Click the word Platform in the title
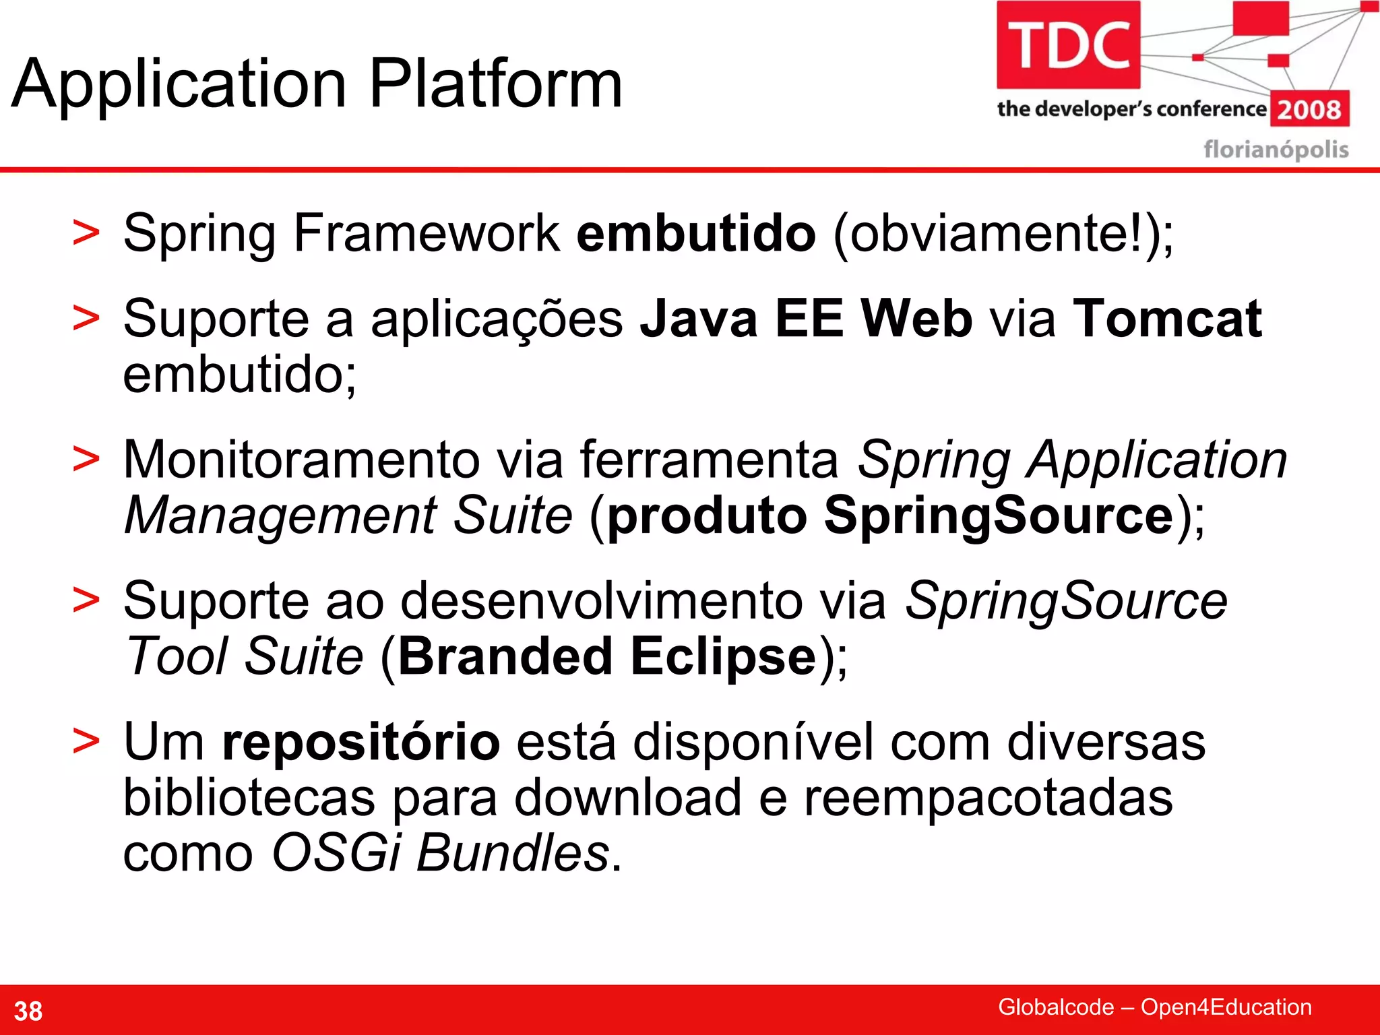(x=495, y=84)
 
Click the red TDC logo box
(x=1068, y=44)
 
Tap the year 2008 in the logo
(x=1309, y=109)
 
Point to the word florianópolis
(x=1276, y=149)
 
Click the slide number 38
(x=28, y=1011)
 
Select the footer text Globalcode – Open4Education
(x=1154, y=1007)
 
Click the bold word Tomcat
(x=1167, y=318)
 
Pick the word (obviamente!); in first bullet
(x=1003, y=233)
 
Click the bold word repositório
(x=360, y=741)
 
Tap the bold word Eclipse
(x=723, y=656)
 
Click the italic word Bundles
(x=513, y=852)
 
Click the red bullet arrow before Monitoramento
(x=86, y=459)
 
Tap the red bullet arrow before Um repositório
(x=86, y=741)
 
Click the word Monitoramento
(x=301, y=460)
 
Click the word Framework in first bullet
(x=426, y=233)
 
